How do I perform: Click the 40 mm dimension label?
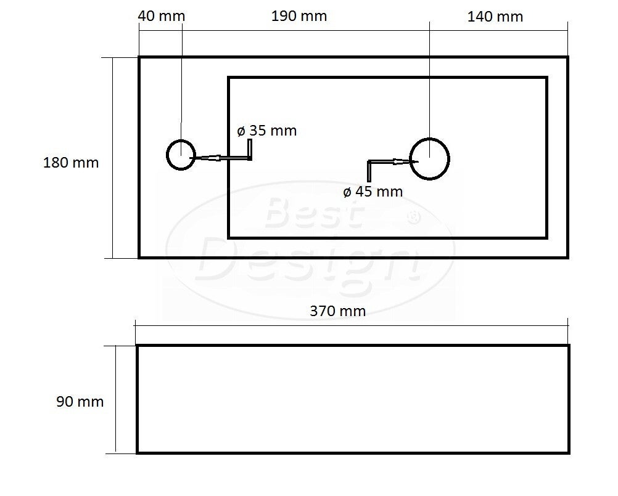point(161,16)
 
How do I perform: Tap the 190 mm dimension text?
point(299,16)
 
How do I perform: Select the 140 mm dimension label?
point(495,17)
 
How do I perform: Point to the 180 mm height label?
point(70,163)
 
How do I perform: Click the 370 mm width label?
point(338,311)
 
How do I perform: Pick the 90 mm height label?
point(80,402)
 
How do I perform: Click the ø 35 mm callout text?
point(267,131)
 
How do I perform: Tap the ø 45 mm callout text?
point(373,192)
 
